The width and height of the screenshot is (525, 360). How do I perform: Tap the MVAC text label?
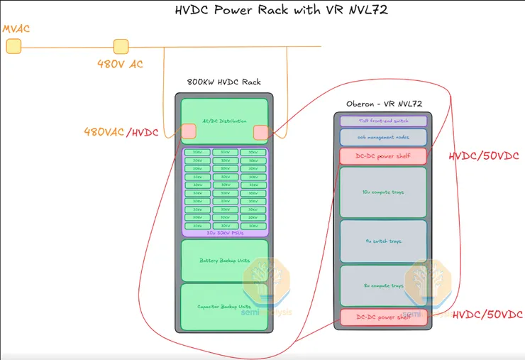[x=17, y=29]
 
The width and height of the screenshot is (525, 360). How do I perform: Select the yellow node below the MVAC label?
[x=13, y=47]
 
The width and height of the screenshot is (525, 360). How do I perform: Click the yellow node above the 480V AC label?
[x=121, y=47]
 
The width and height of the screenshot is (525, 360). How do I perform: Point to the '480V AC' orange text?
[x=120, y=65]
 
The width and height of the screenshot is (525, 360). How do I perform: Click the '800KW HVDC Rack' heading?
[x=223, y=82]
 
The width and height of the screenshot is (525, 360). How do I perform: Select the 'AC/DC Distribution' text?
[x=225, y=121]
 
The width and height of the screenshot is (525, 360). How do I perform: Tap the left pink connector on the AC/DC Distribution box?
[x=189, y=131]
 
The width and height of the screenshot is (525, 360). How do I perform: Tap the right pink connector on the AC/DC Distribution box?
[x=260, y=132]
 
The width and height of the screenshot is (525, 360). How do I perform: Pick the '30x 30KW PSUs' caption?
[x=225, y=232]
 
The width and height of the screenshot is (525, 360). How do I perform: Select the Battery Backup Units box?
[x=225, y=261]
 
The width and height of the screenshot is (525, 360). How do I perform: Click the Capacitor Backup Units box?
[x=225, y=307]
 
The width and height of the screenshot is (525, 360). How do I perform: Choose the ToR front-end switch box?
[x=383, y=121]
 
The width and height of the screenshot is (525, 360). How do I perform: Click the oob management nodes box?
[x=383, y=138]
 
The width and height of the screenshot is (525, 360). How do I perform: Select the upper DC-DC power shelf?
[x=383, y=156]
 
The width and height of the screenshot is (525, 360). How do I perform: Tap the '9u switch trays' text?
[x=383, y=241]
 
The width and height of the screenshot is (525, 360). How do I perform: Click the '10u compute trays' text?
[x=383, y=192]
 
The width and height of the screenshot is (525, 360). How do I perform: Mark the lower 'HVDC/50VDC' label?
[x=487, y=315]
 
